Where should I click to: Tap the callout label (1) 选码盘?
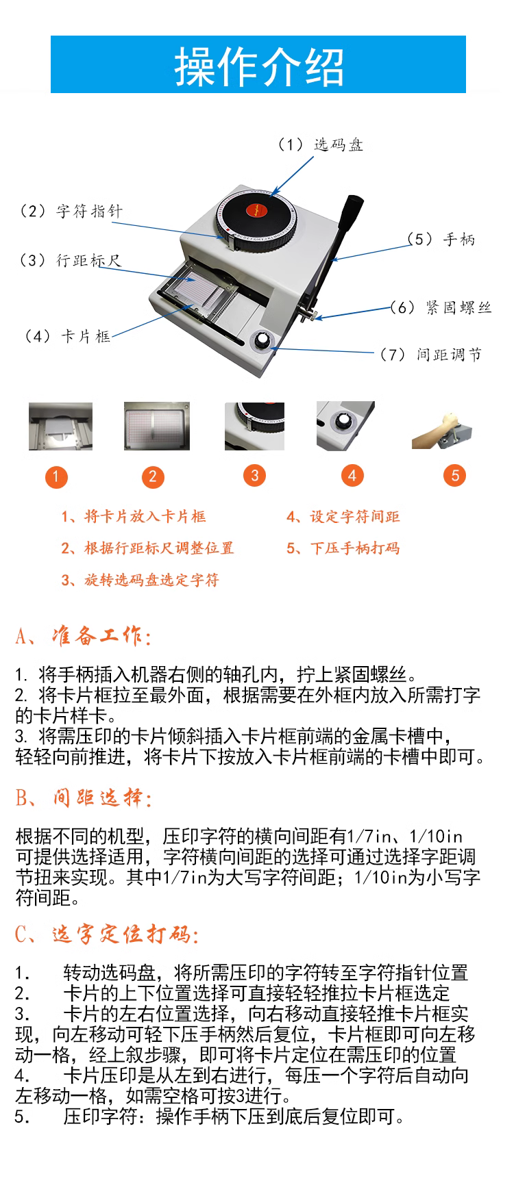pyautogui.click(x=320, y=144)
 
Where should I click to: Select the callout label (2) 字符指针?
pyautogui.click(x=71, y=211)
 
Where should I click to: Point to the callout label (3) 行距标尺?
pyautogui.click(x=70, y=260)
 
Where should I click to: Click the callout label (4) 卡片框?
pyautogui.click(x=67, y=336)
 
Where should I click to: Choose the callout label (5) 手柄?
pyautogui.click(x=441, y=239)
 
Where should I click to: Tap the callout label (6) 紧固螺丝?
pyautogui.click(x=441, y=307)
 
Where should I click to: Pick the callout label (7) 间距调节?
pyautogui.click(x=431, y=354)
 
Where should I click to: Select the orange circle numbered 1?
pyautogui.click(x=56, y=476)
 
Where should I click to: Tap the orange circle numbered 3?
pyautogui.click(x=254, y=475)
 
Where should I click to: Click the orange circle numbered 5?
pyautogui.click(x=455, y=475)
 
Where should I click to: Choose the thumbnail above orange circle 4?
pyautogui.click(x=345, y=426)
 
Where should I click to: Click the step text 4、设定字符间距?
pyautogui.click(x=343, y=517)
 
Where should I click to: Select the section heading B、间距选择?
pyautogui.click(x=83, y=797)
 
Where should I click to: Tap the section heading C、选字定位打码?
pyautogui.click(x=107, y=934)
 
